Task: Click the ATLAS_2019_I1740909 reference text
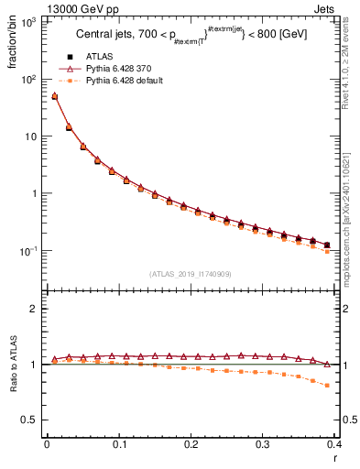coord(191,274)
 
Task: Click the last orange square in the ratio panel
coord(327,385)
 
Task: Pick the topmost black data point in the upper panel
coord(54,96)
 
